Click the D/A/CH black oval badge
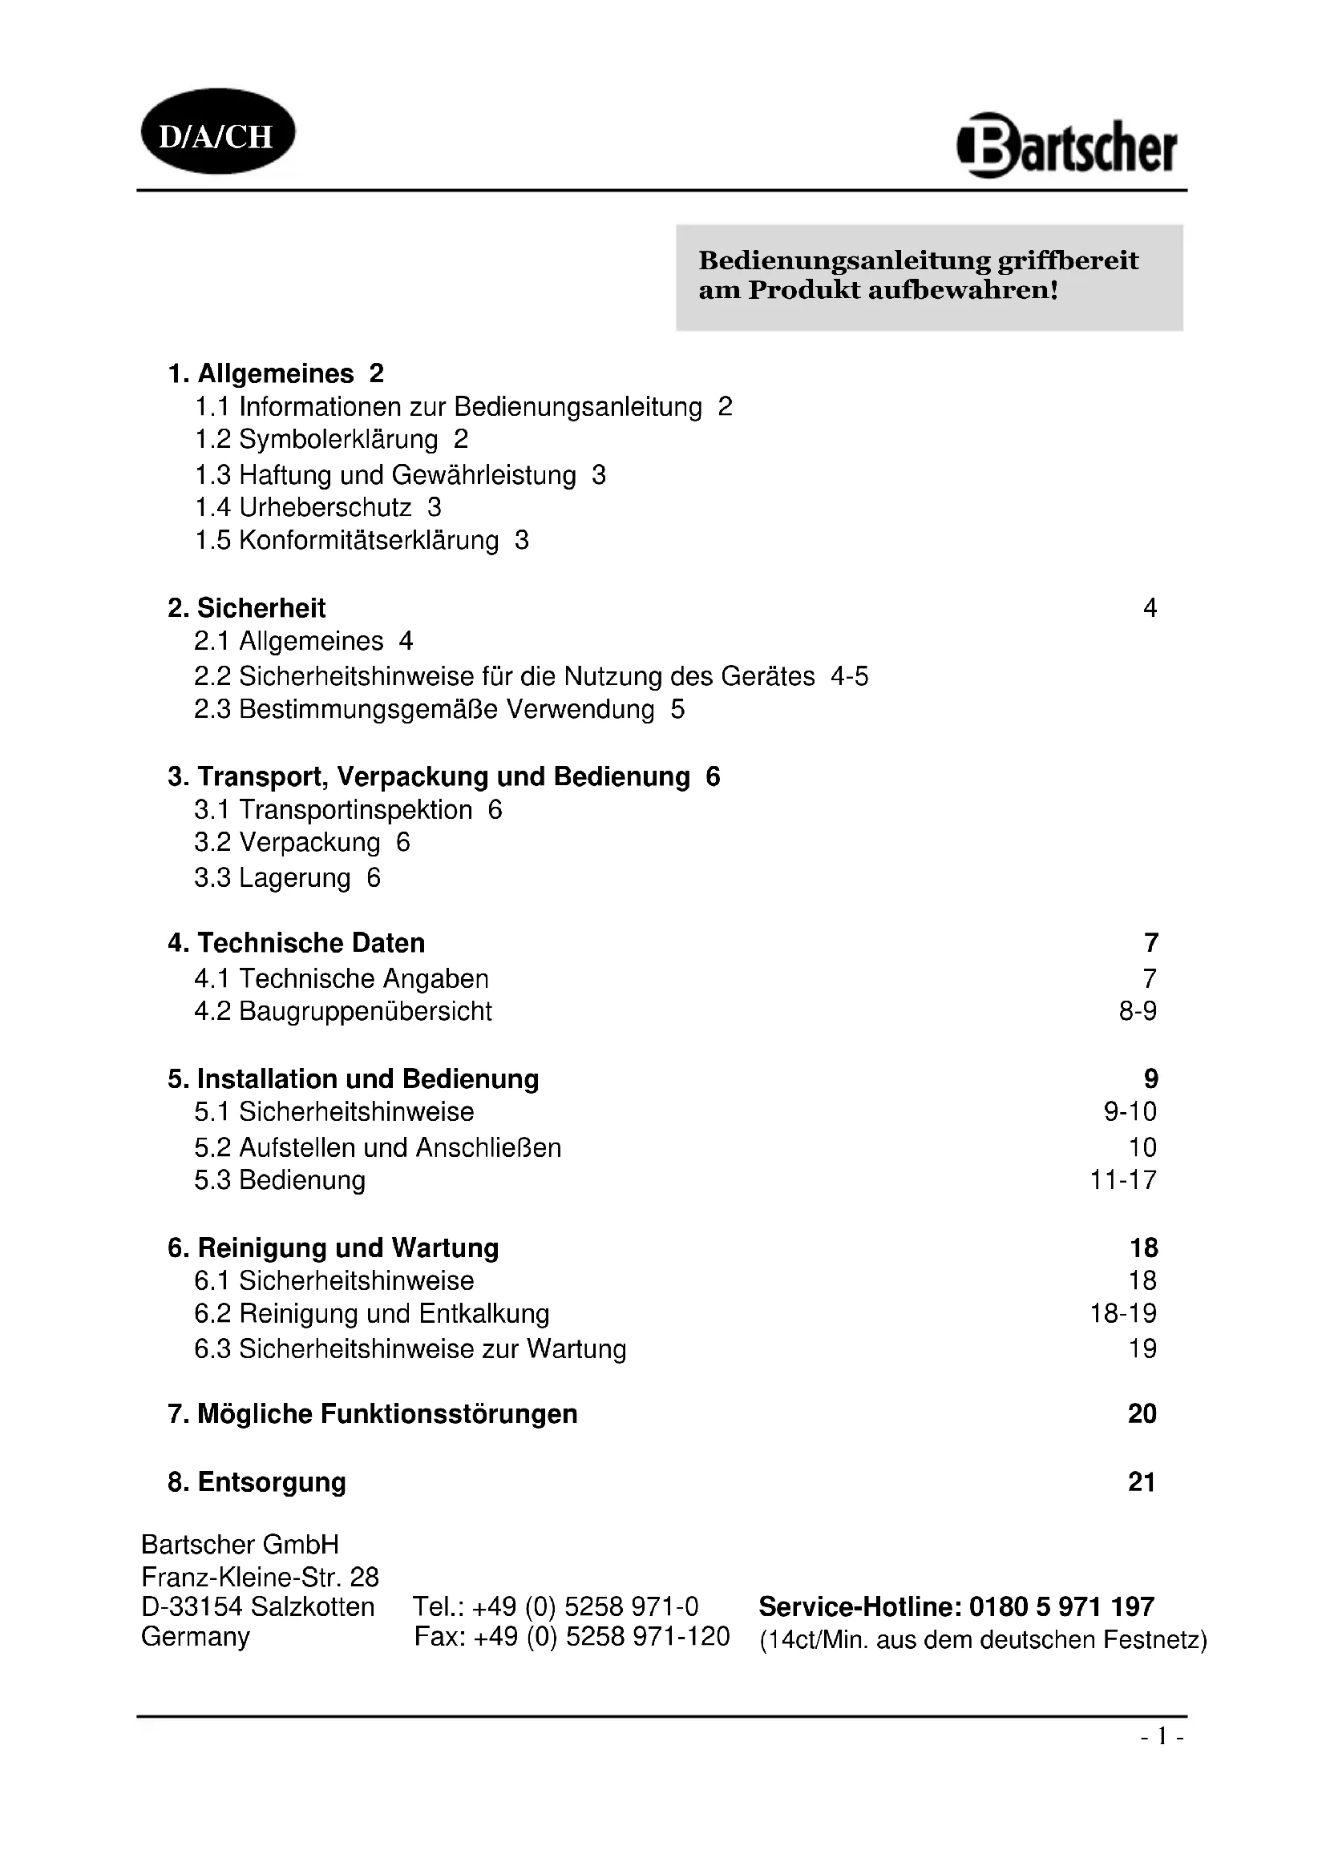(217, 132)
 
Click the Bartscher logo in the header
(1067, 147)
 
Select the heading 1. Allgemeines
(261, 374)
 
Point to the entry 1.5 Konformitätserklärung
(347, 540)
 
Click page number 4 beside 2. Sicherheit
(1150, 608)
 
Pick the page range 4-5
(849, 677)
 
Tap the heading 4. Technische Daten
(297, 944)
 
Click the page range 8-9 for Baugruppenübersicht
(1138, 1011)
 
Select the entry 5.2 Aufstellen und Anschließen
(378, 1147)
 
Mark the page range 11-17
(1123, 1180)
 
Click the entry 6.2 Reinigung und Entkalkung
(371, 1313)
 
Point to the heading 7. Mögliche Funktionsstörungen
(372, 1413)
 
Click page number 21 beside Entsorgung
(1142, 1481)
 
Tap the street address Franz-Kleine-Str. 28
(260, 1577)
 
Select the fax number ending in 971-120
(572, 1637)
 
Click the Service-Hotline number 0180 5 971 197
(1061, 1606)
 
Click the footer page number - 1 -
(1162, 1737)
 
